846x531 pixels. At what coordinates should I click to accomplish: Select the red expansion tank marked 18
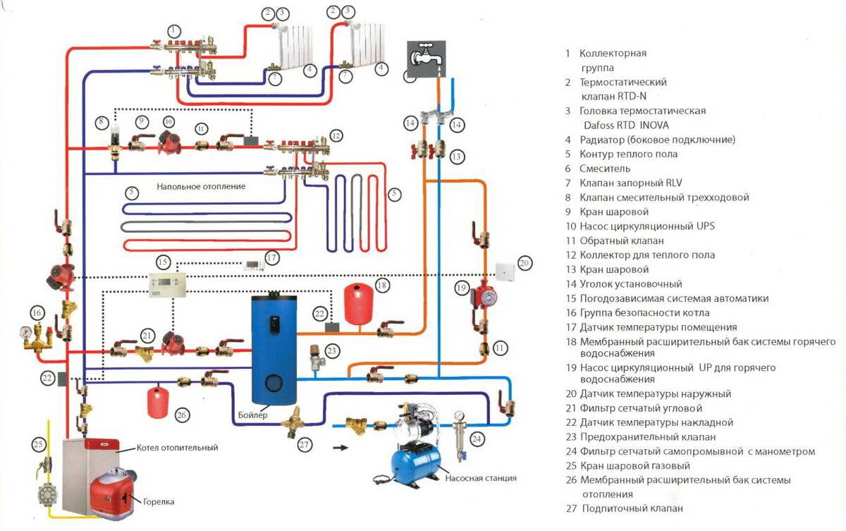[x=357, y=300]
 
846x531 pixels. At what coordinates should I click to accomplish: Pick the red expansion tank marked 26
[x=157, y=401]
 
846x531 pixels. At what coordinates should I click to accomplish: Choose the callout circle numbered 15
[x=163, y=262]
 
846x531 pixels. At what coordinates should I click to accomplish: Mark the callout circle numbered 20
[x=524, y=263]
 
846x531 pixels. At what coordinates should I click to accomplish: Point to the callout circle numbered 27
[x=305, y=445]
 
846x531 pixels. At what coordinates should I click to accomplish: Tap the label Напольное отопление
[x=201, y=186]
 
